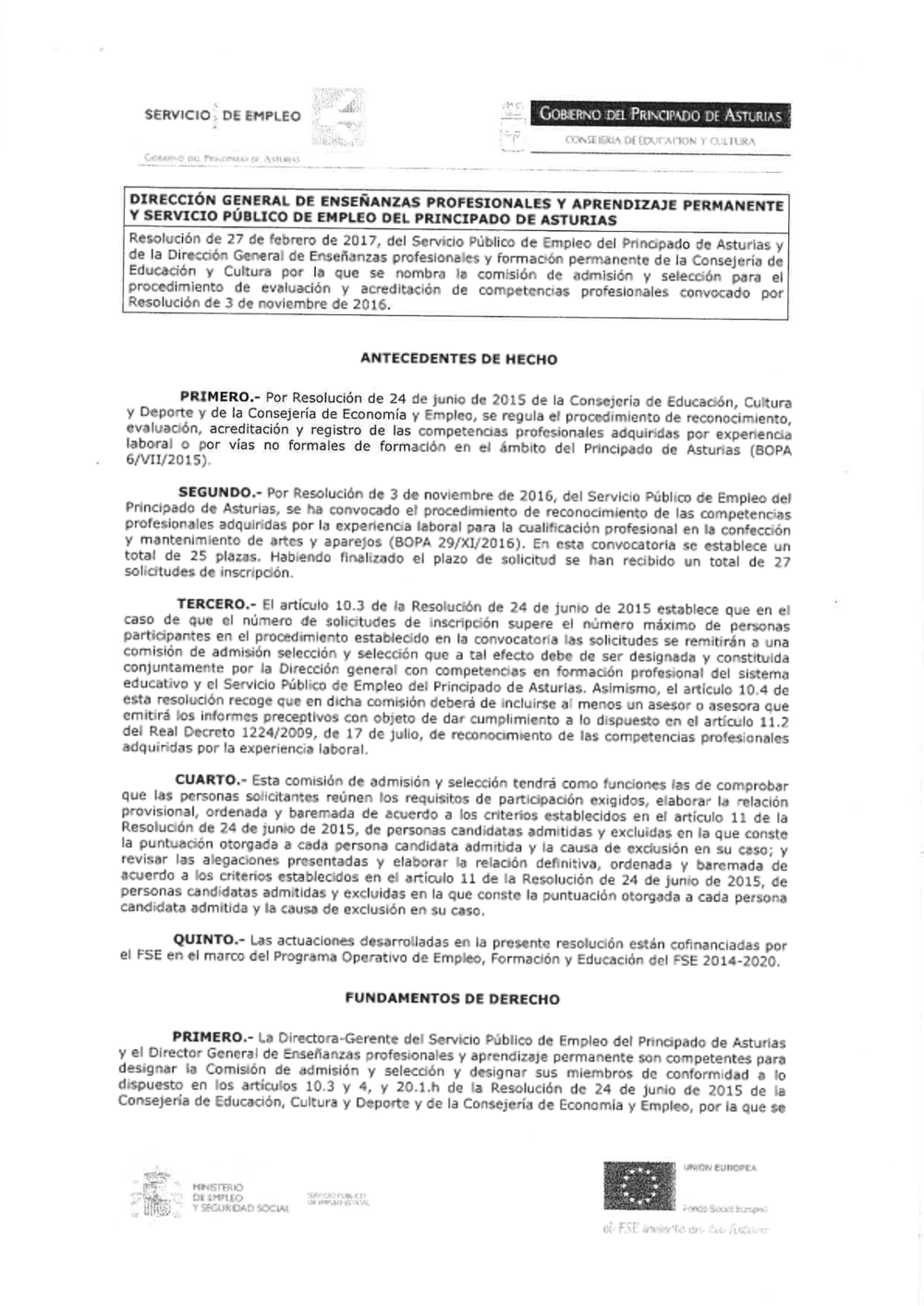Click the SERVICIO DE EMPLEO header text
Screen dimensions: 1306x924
pyautogui.click(x=223, y=116)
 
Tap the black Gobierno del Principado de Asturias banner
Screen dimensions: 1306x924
pyautogui.click(x=661, y=116)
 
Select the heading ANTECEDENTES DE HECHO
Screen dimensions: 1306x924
pyautogui.click(x=458, y=359)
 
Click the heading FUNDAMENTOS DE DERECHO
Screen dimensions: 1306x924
pyautogui.click(x=452, y=998)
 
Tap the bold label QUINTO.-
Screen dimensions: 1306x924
pyautogui.click(x=208, y=940)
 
